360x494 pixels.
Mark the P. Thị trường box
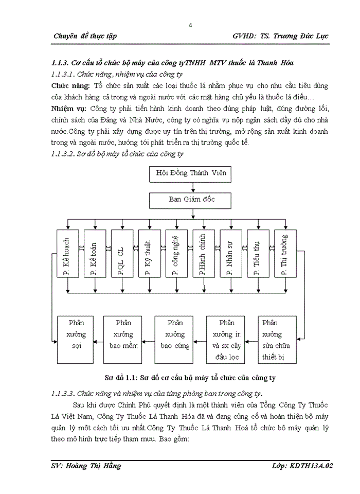285,254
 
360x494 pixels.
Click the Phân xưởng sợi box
76,340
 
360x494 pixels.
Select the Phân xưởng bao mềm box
123,340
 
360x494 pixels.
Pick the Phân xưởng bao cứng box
175,340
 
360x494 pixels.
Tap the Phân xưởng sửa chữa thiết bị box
277,340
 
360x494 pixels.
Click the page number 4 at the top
190,26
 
